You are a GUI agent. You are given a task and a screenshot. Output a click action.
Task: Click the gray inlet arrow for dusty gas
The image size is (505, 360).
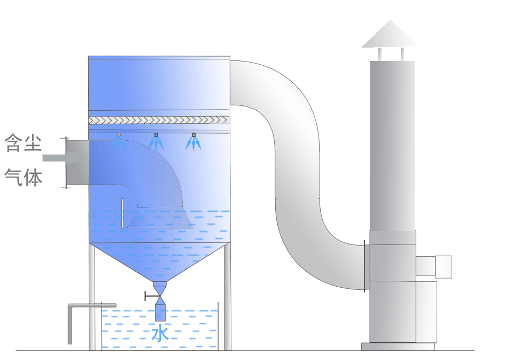64,158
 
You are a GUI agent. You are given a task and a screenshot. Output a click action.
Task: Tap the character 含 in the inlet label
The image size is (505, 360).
15,143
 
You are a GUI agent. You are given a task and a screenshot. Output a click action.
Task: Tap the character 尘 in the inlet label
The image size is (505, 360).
33,143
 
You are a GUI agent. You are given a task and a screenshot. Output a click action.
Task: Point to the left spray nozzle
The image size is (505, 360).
119,141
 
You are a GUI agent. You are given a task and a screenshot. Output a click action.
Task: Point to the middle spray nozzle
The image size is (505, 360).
156,142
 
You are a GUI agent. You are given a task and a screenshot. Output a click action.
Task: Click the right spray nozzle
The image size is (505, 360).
193,142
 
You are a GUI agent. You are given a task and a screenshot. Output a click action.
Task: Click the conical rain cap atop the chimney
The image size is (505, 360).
390,34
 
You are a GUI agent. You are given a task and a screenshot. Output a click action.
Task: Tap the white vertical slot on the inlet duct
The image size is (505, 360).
123,213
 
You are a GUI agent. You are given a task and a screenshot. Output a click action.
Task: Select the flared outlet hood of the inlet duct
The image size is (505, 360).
159,217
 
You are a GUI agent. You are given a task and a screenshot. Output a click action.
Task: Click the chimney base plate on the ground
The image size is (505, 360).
398,347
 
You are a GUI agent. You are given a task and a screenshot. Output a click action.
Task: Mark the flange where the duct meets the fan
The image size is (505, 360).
364,266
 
